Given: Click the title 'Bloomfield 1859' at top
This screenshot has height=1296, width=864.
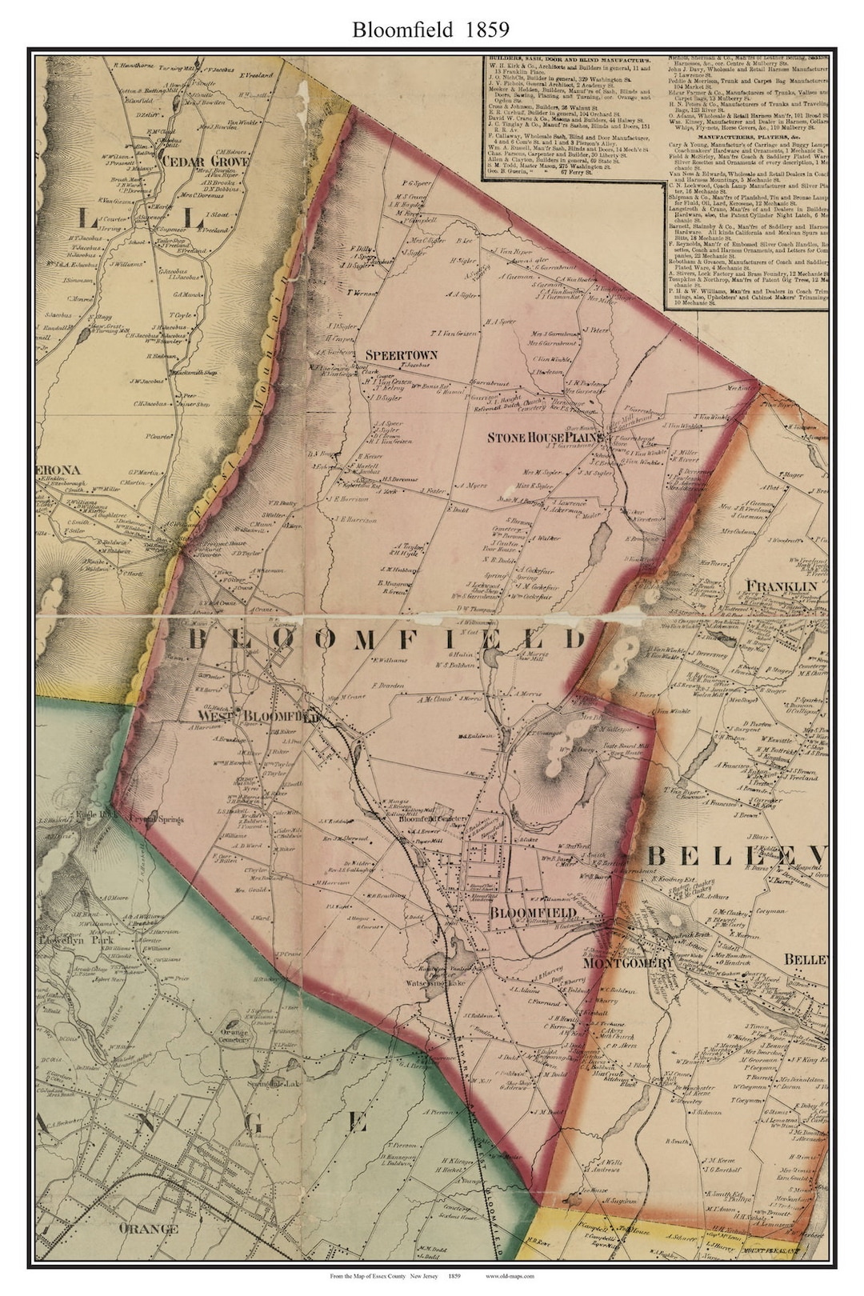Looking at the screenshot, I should point(431,30).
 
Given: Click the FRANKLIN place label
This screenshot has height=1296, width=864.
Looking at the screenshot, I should point(782,586).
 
